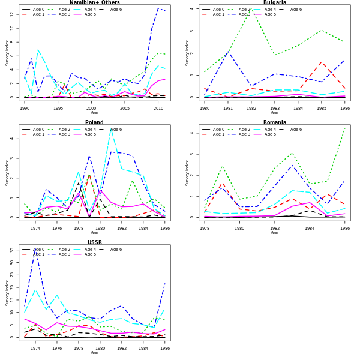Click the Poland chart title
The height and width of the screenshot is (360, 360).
[94, 122]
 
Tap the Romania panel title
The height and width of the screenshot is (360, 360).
[274, 122]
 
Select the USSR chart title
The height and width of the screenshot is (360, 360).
[94, 242]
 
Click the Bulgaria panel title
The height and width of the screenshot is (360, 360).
[274, 2]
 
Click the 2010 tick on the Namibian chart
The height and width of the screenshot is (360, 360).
[158, 109]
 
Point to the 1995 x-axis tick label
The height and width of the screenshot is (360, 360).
[58, 109]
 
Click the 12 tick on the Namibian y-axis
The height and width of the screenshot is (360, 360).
[14, 13]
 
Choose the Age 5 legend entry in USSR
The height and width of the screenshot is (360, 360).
[86, 254]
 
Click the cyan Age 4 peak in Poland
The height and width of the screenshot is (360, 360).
[111, 129]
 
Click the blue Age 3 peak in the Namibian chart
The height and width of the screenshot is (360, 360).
[158, 8]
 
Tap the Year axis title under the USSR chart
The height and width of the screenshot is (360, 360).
[94, 353]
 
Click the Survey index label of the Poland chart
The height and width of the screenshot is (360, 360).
[7, 172]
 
